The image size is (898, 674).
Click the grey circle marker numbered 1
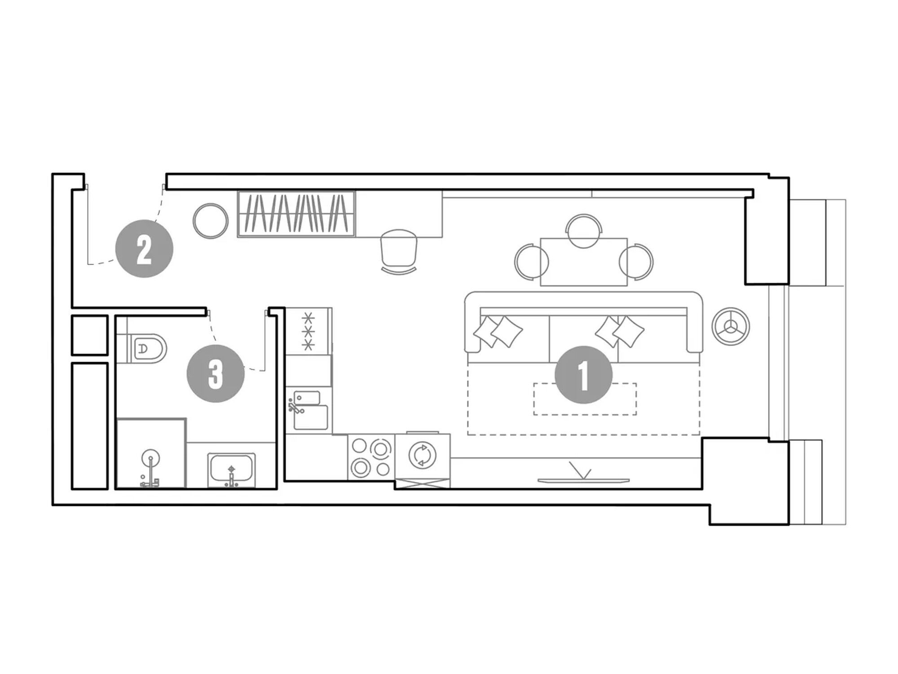(x=583, y=374)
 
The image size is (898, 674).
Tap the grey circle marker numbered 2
(x=144, y=248)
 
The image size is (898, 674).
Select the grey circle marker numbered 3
(x=216, y=373)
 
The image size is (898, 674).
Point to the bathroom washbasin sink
(x=231, y=470)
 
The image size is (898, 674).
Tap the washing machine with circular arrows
(x=423, y=455)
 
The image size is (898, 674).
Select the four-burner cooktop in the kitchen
(x=371, y=457)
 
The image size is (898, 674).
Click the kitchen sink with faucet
(x=310, y=410)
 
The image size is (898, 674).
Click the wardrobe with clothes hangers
(x=296, y=214)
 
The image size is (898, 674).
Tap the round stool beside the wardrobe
(x=211, y=221)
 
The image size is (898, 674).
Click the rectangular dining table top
(x=584, y=262)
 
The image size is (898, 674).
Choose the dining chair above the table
(x=584, y=231)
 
